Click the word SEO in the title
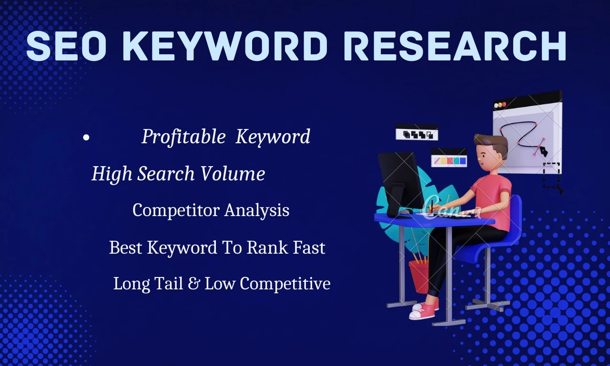tap(66, 46)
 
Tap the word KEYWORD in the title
tap(225, 46)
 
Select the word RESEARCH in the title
tap(455, 46)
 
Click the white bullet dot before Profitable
tap(86, 138)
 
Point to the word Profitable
tap(183, 136)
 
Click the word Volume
tap(233, 173)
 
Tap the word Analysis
tap(257, 210)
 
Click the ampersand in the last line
tap(193, 283)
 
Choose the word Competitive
tap(285, 284)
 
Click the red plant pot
tap(419, 277)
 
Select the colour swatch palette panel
tap(449, 158)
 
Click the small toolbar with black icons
tap(417, 132)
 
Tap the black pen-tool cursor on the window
tap(544, 151)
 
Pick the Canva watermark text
tap(452, 209)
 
